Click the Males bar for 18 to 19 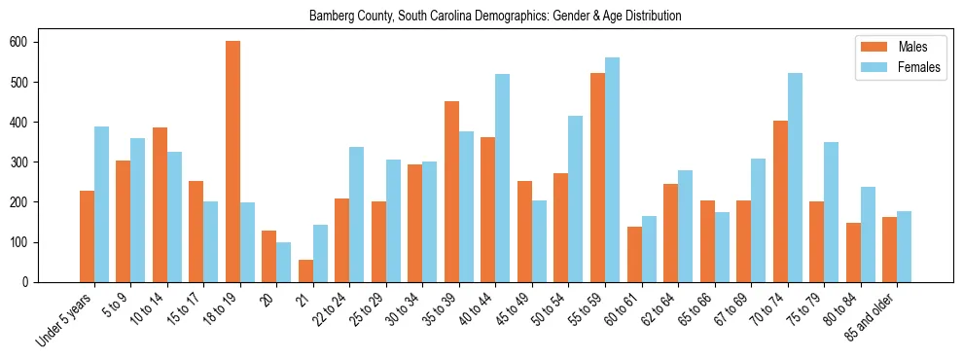click(x=232, y=162)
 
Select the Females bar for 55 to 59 click(x=612, y=170)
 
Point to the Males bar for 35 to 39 click(x=451, y=192)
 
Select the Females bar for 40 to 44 click(x=503, y=178)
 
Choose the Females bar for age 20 click(x=284, y=263)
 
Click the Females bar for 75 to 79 click(x=831, y=212)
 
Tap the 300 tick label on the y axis click(x=22, y=162)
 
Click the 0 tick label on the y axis click(x=28, y=282)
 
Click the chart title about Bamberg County click(x=495, y=17)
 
